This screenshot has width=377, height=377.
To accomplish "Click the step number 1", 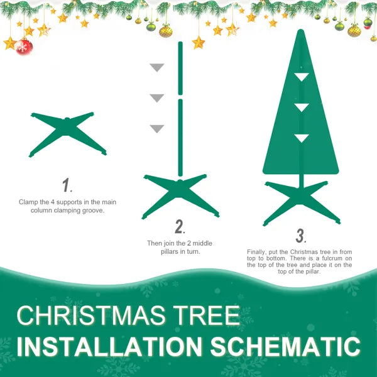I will pyautogui.click(x=66, y=185).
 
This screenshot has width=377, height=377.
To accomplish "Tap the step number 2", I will pyautogui.click(x=179, y=226).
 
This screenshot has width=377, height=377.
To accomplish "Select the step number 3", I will pyautogui.click(x=300, y=236).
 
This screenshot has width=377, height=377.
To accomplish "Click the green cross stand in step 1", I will pyautogui.click(x=67, y=133).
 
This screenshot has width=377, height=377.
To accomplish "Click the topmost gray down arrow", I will pyautogui.click(x=156, y=68).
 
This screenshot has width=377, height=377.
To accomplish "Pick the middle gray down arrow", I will pyautogui.click(x=156, y=98).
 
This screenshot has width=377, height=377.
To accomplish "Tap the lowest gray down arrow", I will pyautogui.click(x=156, y=129).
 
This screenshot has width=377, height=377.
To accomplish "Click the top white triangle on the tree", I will pyautogui.click(x=302, y=77).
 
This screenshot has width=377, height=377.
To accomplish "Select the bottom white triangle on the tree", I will pyautogui.click(x=302, y=138).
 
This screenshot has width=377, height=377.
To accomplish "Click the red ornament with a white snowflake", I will pyautogui.click(x=24, y=46).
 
